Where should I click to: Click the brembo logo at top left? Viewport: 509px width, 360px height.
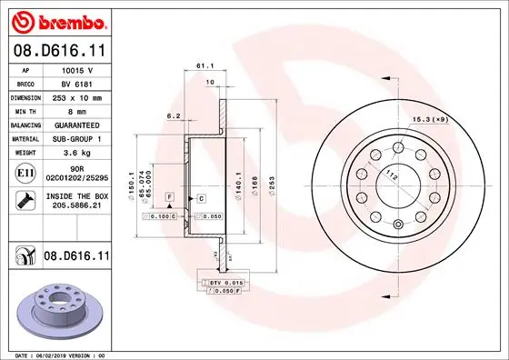click(x=56, y=21)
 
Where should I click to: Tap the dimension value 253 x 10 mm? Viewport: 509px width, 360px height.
click(x=76, y=96)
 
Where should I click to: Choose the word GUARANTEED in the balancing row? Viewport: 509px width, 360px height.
click(x=76, y=125)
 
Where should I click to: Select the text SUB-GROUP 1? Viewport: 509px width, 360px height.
click(x=76, y=138)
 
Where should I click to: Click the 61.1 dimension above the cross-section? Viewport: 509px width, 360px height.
click(x=205, y=66)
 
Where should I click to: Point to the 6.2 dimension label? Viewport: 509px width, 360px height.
click(x=173, y=116)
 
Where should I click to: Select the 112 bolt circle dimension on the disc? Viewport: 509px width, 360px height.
click(x=391, y=175)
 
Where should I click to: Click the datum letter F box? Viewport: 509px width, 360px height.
click(x=168, y=196)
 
